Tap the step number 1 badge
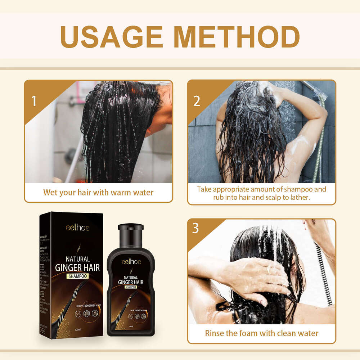click(34, 101)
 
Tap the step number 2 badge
click(197, 101)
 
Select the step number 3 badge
click(195, 229)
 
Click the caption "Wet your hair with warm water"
click(98, 192)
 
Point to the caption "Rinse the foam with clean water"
click(262, 333)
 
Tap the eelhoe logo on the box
click(77, 228)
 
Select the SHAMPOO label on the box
click(77, 276)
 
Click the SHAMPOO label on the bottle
click(131, 287)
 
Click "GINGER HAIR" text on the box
click(77, 267)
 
